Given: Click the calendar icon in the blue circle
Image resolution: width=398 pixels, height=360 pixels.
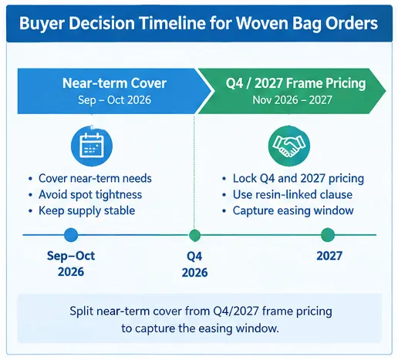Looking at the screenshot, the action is coord(92,146).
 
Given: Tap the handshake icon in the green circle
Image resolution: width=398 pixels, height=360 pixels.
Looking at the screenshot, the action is coord(289,146).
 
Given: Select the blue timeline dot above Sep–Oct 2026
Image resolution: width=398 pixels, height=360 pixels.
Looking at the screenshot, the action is coord(71,235).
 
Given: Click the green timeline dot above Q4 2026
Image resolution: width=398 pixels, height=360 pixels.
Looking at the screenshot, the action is coord(194,235).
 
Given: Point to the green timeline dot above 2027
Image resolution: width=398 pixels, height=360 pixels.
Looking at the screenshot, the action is coord(328,235).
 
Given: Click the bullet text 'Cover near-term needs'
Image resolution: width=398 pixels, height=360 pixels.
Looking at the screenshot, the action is coord(95,178).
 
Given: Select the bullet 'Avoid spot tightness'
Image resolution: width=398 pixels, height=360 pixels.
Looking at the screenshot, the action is coord(90,194).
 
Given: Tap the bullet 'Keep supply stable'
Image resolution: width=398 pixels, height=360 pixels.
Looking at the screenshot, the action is coord(87,210).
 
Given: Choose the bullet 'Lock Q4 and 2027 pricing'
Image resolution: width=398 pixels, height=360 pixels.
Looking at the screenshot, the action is coord(298,178).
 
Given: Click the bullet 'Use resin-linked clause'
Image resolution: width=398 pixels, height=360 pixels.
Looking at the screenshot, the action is coord(292,194).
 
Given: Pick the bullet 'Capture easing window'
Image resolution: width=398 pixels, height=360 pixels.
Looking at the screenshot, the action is coord(293,210).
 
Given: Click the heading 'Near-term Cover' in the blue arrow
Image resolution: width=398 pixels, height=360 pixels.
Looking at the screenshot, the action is coord(114,83).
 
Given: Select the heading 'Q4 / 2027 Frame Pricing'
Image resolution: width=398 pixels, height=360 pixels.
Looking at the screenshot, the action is coord(295,83).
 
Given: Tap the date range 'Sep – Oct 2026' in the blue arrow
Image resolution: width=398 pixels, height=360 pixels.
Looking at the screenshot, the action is coord(114,100).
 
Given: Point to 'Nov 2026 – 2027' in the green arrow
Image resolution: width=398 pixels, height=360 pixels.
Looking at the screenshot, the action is coord(292,100).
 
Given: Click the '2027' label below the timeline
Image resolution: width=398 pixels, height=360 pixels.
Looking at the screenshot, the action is coord(329,256).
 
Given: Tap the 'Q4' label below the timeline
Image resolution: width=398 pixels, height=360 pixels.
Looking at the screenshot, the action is coord(194,257).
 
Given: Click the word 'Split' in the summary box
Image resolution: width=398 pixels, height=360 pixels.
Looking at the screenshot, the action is coord(81,311).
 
